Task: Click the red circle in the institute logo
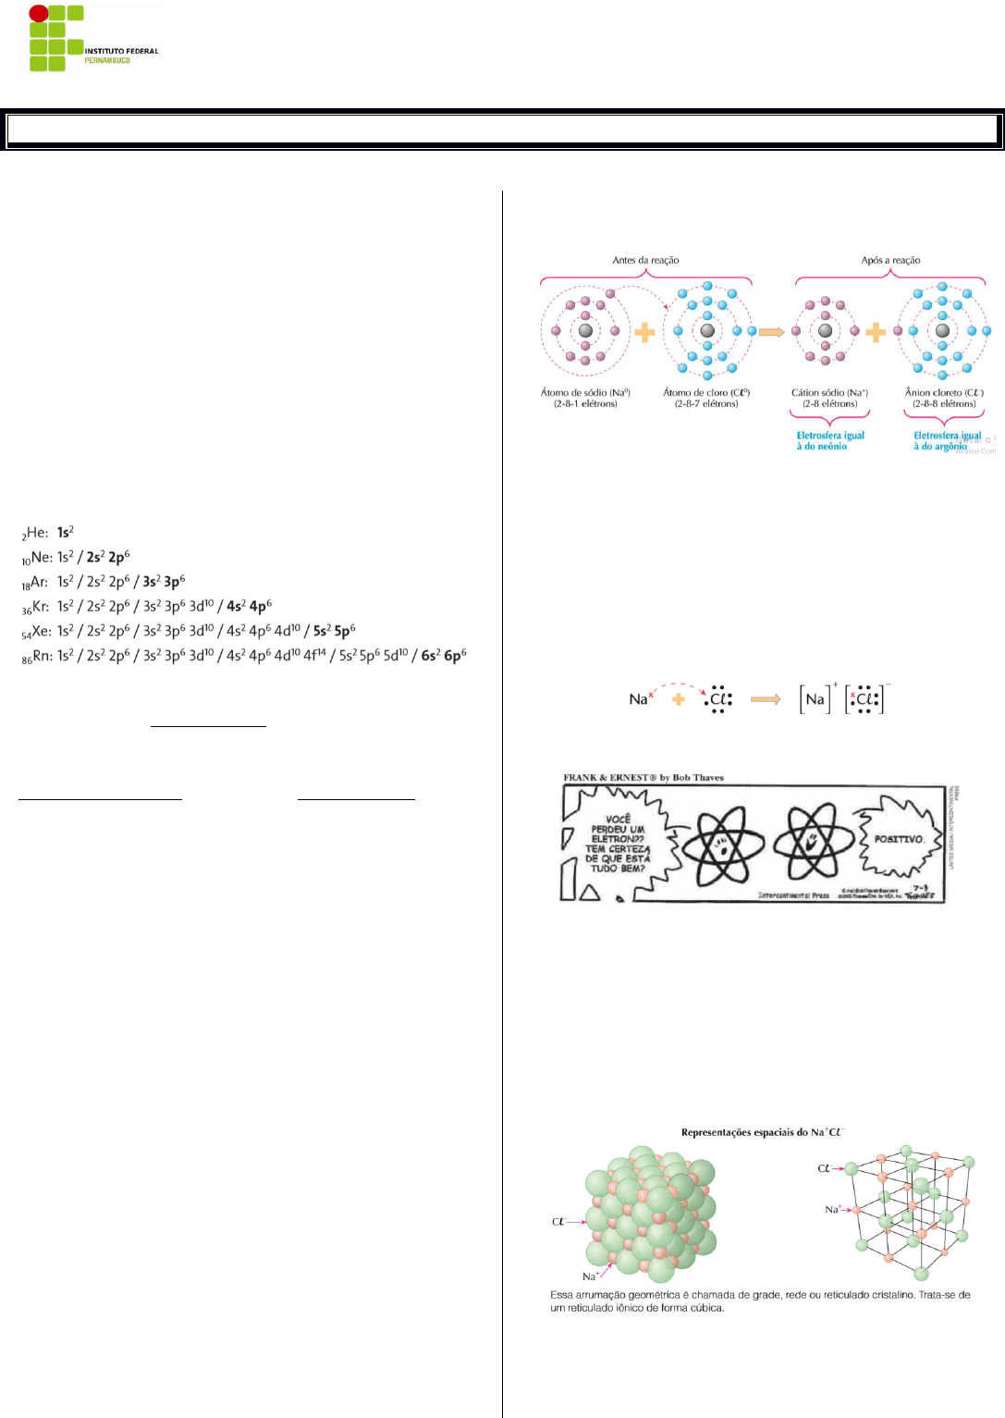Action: tap(38, 14)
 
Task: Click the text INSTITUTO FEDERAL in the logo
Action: tap(121, 51)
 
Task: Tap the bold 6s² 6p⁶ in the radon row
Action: tap(444, 655)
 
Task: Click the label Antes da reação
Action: tap(645, 260)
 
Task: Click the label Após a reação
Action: tap(890, 260)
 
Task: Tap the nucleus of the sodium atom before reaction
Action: tap(585, 330)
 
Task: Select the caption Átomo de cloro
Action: tap(706, 393)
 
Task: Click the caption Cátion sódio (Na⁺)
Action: tap(829, 393)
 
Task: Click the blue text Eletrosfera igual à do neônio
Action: tap(830, 440)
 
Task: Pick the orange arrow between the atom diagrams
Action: tap(772, 331)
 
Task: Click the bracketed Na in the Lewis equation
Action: tap(815, 699)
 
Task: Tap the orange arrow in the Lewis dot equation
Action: tap(766, 699)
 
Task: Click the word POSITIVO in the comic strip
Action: tap(899, 839)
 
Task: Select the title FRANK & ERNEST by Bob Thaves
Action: tap(643, 778)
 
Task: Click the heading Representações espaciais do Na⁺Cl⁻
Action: tap(763, 1132)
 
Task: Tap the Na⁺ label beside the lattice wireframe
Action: tap(833, 1209)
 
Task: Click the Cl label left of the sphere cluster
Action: tap(558, 1222)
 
